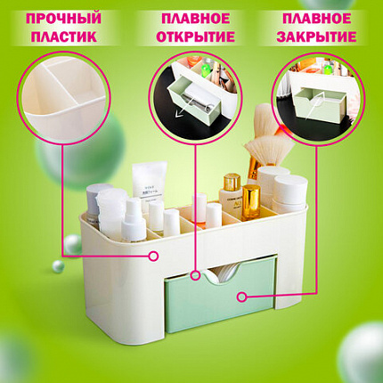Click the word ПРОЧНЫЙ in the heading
[x=63, y=19]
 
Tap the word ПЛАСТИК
[x=64, y=37]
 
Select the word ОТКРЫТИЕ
[x=196, y=37]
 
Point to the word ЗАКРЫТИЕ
[x=316, y=37]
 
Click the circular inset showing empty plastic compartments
[x=63, y=98]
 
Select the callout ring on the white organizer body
[x=153, y=256]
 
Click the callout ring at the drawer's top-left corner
[x=195, y=275]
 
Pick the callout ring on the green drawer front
[x=242, y=297]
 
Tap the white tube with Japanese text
[x=149, y=185]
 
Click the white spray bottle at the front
[x=134, y=221]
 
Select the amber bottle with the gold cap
[x=251, y=203]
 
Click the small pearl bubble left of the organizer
[x=58, y=266]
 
